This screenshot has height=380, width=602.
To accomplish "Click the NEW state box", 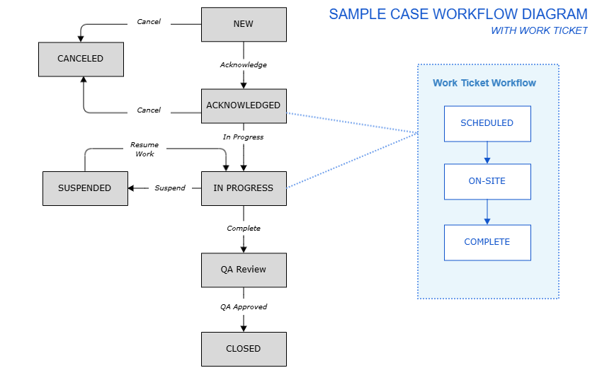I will [x=244, y=24].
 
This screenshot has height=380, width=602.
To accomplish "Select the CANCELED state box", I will [x=81, y=59].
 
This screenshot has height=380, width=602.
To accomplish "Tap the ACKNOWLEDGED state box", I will [x=244, y=106].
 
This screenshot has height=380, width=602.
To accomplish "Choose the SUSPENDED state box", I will [x=85, y=188].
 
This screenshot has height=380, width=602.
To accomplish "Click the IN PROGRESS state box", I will [x=244, y=188].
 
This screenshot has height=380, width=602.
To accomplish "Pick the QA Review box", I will [x=244, y=270].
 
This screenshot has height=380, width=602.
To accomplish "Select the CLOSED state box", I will [x=244, y=349].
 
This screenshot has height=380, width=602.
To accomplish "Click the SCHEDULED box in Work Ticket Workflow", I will [x=487, y=123].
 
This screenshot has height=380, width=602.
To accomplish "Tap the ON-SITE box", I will [x=487, y=181].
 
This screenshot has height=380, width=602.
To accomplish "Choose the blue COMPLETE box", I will [x=487, y=242].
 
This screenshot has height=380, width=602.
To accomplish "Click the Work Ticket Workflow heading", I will [x=484, y=83].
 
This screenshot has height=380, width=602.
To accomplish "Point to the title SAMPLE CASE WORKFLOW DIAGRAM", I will [x=458, y=14].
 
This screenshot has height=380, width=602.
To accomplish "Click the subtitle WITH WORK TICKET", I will [x=539, y=30].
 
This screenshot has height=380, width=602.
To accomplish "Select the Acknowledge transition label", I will [x=244, y=65].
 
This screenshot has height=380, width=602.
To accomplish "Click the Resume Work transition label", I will [x=144, y=149].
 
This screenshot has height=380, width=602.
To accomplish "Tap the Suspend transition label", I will [x=170, y=188].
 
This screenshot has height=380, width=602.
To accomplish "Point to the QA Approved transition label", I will [x=244, y=307].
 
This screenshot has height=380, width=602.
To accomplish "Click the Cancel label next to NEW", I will [x=149, y=22].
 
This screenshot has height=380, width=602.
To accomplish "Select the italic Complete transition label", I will [x=244, y=229].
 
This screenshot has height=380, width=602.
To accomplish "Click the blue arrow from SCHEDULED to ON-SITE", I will [x=487, y=152].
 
